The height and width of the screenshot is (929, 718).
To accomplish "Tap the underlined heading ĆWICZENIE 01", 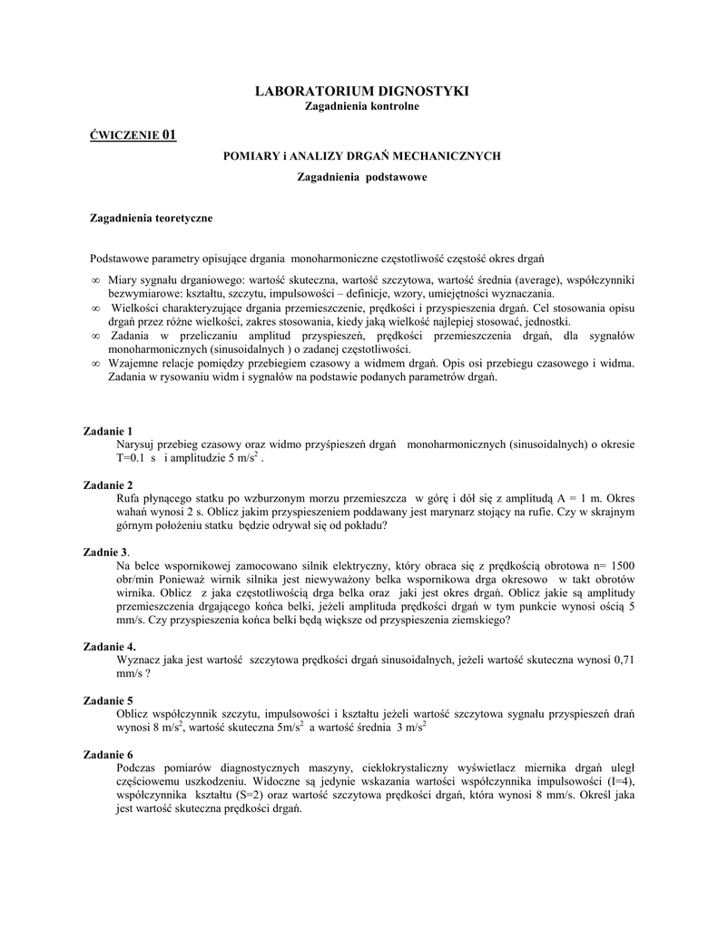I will click(x=132, y=136).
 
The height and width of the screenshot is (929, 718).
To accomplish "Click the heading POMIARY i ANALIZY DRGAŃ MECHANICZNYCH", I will click(x=362, y=156).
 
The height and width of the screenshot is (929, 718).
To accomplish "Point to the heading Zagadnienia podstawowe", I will click(x=362, y=176).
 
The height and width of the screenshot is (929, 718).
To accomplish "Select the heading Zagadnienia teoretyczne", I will click(x=152, y=218).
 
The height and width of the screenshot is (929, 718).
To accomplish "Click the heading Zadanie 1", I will click(x=108, y=430).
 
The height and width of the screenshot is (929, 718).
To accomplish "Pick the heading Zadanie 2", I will click(x=108, y=484).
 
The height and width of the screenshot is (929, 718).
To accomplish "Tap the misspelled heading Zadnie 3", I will click(x=105, y=552).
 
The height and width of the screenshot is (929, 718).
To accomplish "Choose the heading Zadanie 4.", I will click(x=110, y=646).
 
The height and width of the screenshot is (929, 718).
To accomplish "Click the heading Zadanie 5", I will click(x=108, y=700).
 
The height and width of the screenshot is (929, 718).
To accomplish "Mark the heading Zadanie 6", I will click(x=108, y=755).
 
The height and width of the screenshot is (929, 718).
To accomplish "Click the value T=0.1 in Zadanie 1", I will click(x=132, y=458).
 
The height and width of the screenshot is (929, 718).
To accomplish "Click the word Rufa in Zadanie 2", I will click(x=130, y=498).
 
